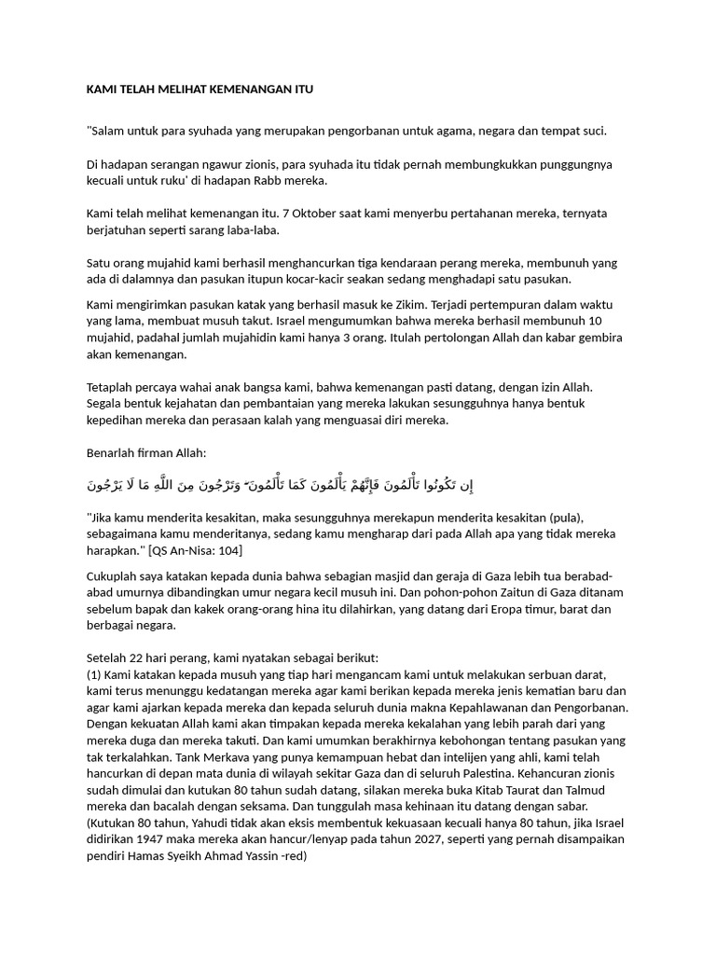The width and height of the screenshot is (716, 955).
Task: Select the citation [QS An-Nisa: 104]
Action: click(204, 549)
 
